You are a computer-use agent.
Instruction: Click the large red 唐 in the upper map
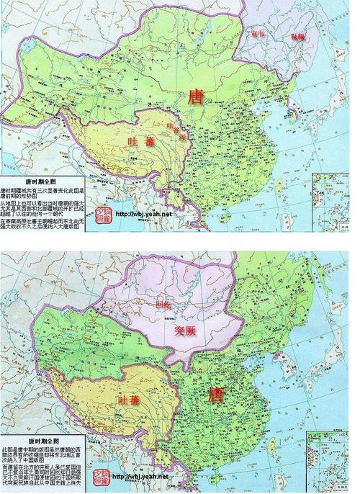(x=195, y=96)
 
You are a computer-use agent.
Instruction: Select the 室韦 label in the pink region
(x=257, y=35)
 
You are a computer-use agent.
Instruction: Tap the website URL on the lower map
(x=142, y=477)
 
